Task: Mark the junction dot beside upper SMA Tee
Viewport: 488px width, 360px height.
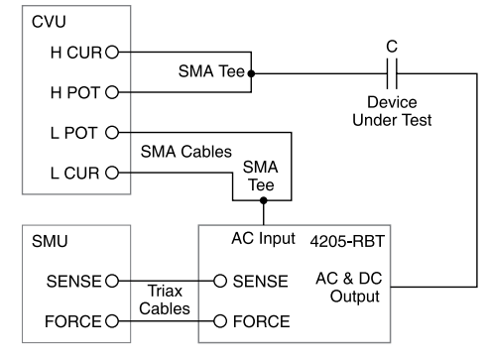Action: [x=251, y=73]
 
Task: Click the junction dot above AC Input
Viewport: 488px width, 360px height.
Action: [x=264, y=200]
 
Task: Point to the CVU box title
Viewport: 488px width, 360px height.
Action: [x=49, y=22]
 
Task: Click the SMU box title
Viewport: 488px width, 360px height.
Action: [x=50, y=241]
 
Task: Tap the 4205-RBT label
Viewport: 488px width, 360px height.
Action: [x=347, y=241]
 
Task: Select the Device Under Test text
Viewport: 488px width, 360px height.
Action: [x=392, y=111]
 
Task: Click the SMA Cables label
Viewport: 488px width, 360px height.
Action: [x=186, y=152]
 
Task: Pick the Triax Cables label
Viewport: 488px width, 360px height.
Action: [x=165, y=300]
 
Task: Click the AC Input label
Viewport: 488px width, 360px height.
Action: [x=264, y=239]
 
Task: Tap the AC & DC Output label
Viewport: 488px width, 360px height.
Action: [x=349, y=288]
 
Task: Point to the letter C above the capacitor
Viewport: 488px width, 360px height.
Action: [x=392, y=47]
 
